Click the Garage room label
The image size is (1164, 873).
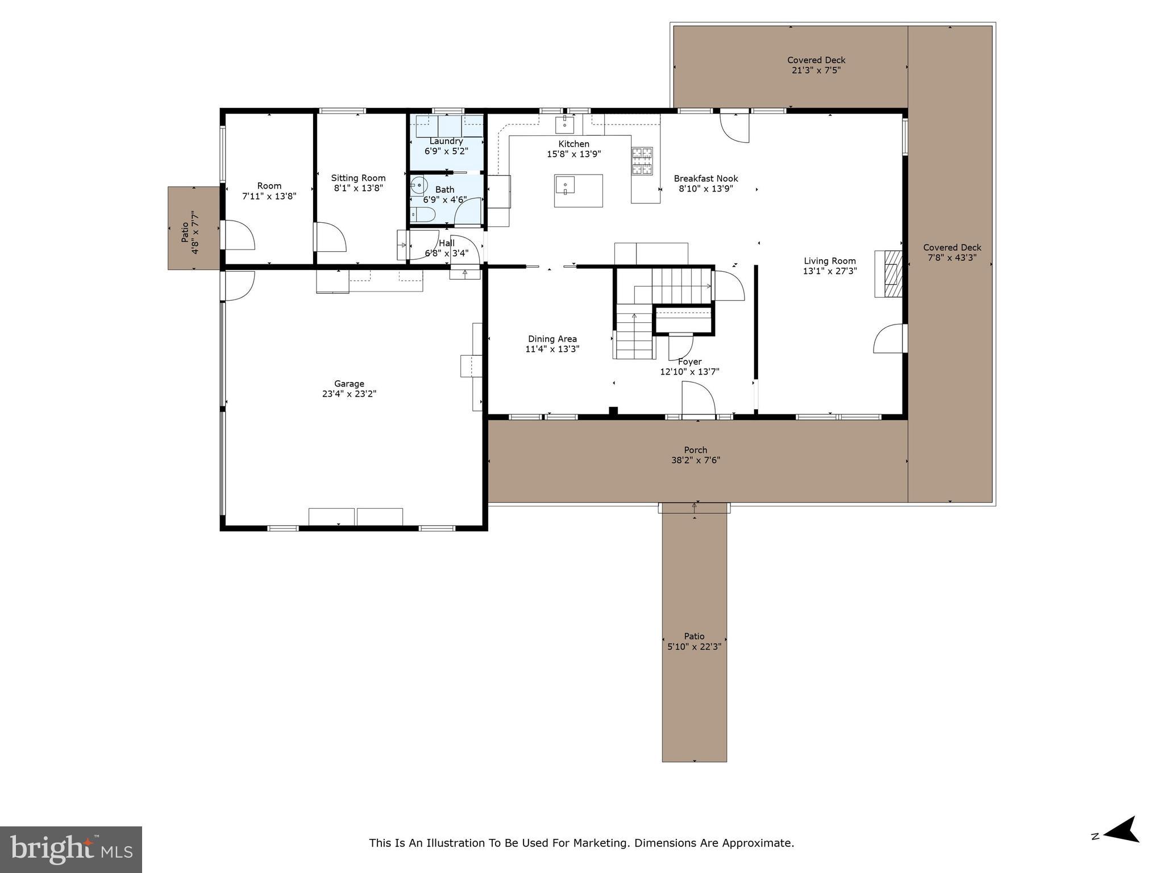[x=349, y=384]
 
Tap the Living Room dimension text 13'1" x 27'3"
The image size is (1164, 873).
[x=830, y=272]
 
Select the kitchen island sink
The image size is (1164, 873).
[x=566, y=185]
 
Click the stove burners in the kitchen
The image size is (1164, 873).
[x=642, y=160]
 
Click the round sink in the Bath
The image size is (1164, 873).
[x=419, y=185]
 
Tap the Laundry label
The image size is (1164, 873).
[x=446, y=141]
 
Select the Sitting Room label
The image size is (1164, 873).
[x=358, y=178]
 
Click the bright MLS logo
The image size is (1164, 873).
[x=70, y=849]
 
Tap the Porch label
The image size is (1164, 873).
[x=696, y=450]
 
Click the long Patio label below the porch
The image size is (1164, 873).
[x=694, y=637]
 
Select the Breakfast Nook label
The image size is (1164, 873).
[x=706, y=178]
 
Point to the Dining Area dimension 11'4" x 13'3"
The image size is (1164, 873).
[x=552, y=350]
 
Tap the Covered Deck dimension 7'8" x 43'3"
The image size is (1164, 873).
[x=952, y=257]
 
